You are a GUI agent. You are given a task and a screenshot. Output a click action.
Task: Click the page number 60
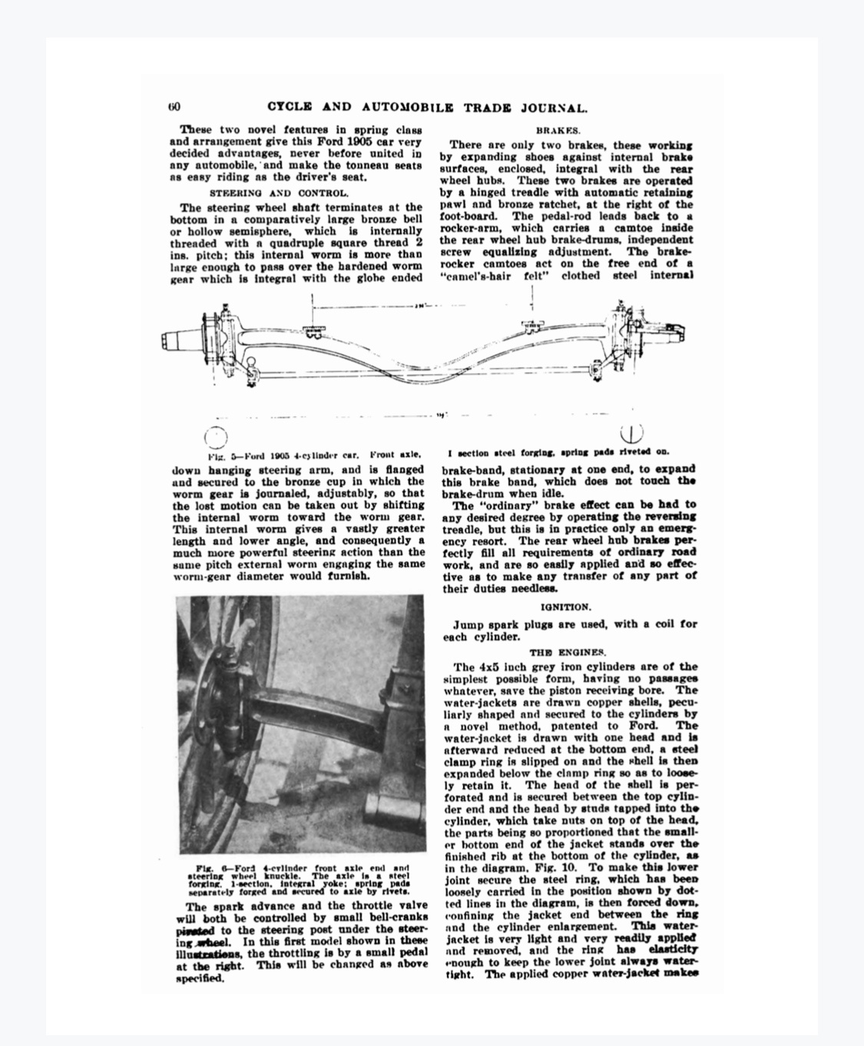(x=174, y=108)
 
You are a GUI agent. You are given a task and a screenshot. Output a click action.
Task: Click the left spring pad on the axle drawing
(x=313, y=331)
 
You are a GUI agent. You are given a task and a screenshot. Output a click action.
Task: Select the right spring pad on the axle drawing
(x=529, y=328)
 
